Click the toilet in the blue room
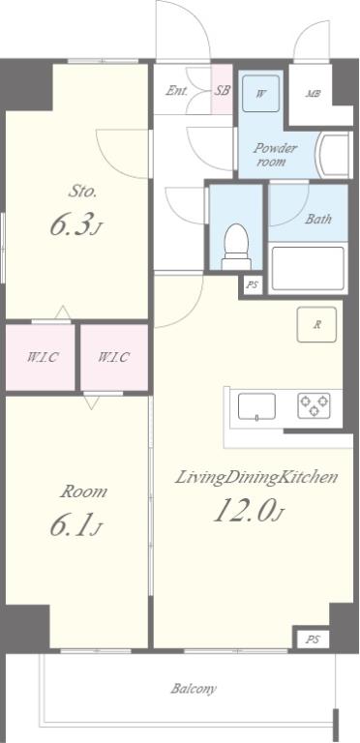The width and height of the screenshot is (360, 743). (236, 247)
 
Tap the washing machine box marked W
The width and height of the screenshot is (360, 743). (260, 93)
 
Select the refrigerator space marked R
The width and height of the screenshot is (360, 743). (316, 325)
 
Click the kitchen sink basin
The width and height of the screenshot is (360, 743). (256, 406)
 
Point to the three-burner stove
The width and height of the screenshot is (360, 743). (314, 405)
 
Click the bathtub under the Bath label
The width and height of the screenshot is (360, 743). (308, 268)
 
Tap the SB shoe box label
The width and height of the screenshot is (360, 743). (222, 91)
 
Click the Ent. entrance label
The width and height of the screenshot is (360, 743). (176, 91)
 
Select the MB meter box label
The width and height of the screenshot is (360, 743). (313, 94)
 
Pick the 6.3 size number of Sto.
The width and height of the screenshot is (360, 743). (71, 226)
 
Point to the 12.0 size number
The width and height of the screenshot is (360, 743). (244, 511)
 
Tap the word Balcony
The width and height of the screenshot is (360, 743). (194, 688)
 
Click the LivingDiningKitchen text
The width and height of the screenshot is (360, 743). (256, 477)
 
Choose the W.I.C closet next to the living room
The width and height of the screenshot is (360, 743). (113, 357)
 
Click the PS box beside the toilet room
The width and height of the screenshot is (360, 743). (253, 284)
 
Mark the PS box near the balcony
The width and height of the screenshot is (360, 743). (312, 639)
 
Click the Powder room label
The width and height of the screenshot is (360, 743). (275, 155)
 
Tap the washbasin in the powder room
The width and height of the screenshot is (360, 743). (335, 155)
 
